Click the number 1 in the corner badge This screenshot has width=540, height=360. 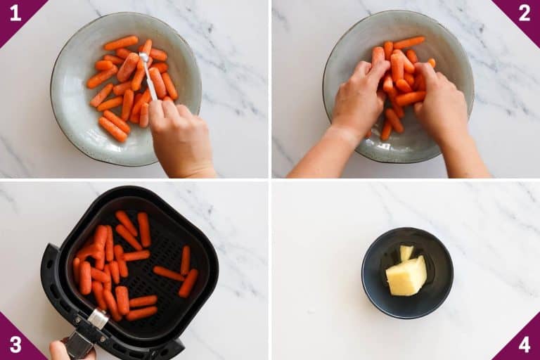click(x=14, y=12)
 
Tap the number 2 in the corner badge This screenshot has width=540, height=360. click(x=525, y=12)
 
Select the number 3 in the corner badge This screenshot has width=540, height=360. click(x=14, y=346)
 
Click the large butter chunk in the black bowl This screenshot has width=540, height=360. click(x=407, y=277)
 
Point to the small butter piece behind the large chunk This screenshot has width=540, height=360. click(x=406, y=252)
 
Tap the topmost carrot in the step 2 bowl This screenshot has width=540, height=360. click(x=409, y=43)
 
